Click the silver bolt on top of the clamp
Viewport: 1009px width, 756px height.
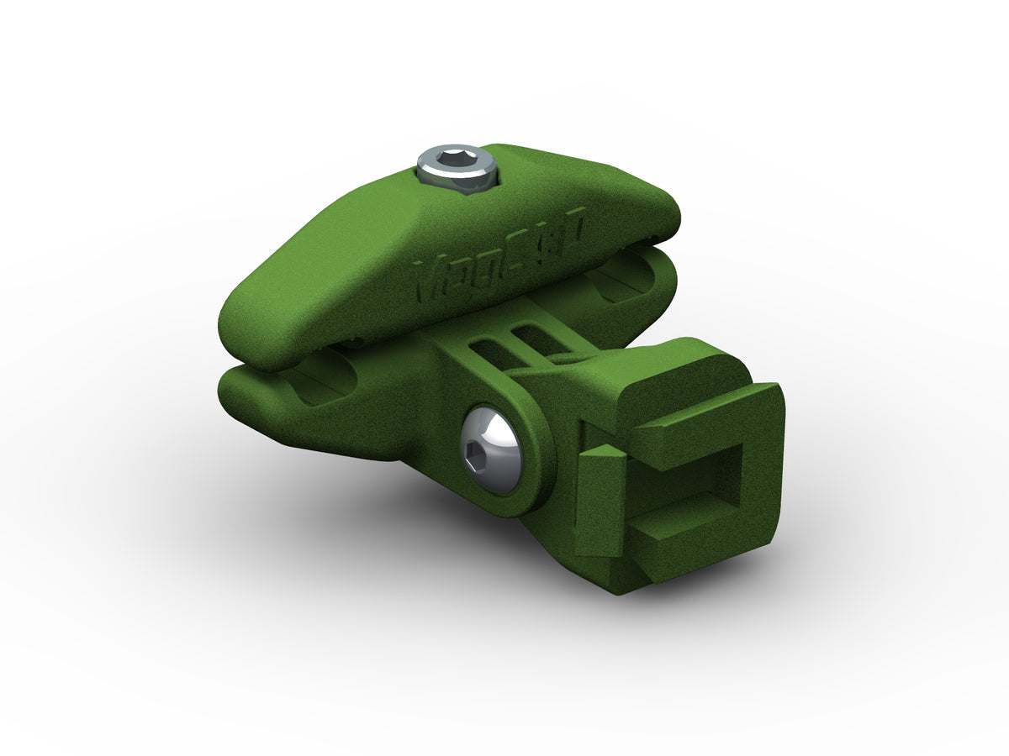(455, 168)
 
